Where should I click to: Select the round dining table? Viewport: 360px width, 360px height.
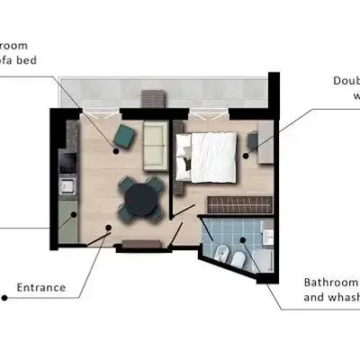point(141,197)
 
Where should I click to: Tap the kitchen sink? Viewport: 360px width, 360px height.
point(67,187)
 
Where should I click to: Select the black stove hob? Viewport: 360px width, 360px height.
point(67,164)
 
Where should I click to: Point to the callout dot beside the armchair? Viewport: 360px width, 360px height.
point(115,149)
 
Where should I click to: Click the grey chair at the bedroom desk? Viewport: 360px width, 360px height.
point(253,139)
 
